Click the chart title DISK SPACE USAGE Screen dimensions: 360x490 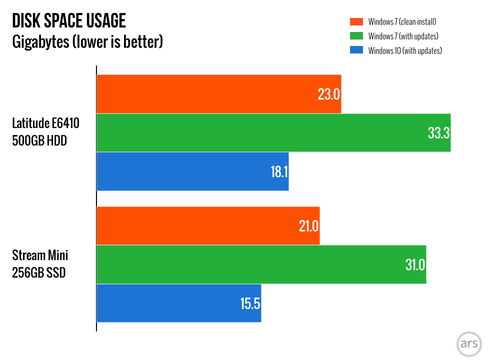[x=69, y=21]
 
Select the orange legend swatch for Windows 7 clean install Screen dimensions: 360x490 [x=356, y=21]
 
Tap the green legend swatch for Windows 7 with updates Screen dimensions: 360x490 [x=356, y=36]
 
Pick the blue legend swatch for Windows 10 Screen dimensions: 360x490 [x=356, y=50]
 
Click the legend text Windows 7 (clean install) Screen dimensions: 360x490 [x=402, y=21]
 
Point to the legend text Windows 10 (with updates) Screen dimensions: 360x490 [x=405, y=50]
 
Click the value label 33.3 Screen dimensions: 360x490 [x=438, y=133]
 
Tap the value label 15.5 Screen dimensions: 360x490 [x=250, y=303]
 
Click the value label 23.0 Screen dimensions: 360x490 [x=328, y=94]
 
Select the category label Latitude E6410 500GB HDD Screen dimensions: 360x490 [x=46, y=132]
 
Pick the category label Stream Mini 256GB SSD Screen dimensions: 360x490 [x=40, y=264]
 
